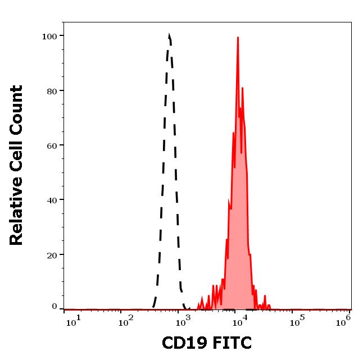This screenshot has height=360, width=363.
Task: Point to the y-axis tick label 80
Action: (x=51, y=90)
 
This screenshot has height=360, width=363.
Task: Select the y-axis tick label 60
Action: (x=51, y=145)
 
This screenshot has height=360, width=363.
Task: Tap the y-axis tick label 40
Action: (x=51, y=199)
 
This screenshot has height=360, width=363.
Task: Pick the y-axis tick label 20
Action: (x=51, y=254)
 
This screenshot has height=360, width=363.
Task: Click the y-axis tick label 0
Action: (x=54, y=307)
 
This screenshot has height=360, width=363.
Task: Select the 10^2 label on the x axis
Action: (x=125, y=321)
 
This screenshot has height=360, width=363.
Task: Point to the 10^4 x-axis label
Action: (x=238, y=321)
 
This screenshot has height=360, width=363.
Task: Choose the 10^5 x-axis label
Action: (x=295, y=321)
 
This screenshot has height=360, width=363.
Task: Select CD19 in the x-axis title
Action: (x=182, y=343)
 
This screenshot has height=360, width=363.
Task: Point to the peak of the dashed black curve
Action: (x=169, y=35)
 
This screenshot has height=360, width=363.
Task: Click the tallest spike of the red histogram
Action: (x=238, y=38)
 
